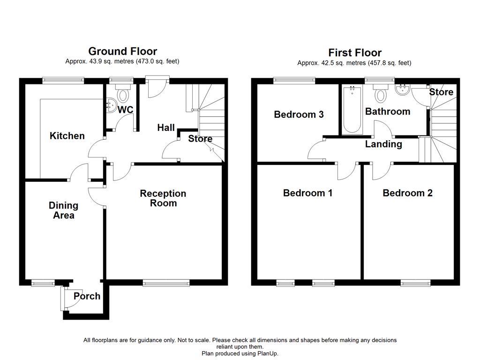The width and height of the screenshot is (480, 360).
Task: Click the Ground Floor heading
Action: (x=122, y=51)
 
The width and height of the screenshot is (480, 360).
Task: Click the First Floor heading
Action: (x=354, y=52)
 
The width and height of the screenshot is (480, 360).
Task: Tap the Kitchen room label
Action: (x=67, y=136)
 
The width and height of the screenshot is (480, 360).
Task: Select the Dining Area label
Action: (x=63, y=210)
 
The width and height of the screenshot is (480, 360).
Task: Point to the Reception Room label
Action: (x=163, y=198)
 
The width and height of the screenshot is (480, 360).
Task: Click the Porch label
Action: (x=87, y=296)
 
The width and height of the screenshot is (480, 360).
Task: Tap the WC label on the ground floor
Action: (x=125, y=110)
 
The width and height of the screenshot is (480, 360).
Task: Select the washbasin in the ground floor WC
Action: (x=111, y=106)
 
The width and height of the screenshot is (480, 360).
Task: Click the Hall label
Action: (x=166, y=127)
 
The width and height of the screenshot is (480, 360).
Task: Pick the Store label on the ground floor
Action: (x=200, y=139)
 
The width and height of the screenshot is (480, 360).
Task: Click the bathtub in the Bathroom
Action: (x=352, y=110)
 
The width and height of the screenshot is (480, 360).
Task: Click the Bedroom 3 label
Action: (x=299, y=114)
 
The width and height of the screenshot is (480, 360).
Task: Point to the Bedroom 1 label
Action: (x=307, y=193)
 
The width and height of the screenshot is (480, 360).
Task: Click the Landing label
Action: (x=383, y=144)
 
